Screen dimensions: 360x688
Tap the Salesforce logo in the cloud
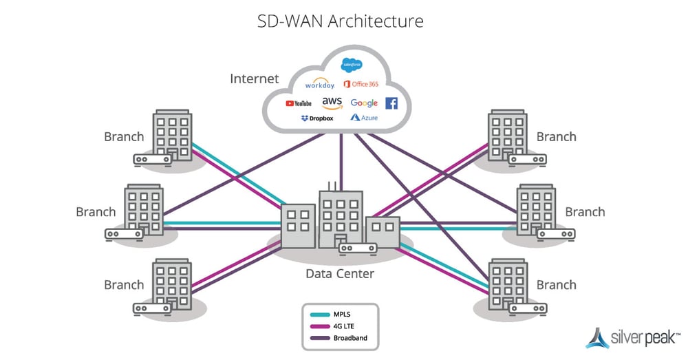(x=352, y=65)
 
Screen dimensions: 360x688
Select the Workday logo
(x=319, y=85)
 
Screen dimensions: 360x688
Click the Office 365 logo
(x=361, y=84)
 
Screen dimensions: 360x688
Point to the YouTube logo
(x=299, y=103)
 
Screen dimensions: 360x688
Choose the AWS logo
(x=332, y=102)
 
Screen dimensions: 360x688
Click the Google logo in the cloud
(x=364, y=103)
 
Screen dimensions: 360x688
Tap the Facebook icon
(x=391, y=103)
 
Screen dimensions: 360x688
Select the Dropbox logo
(x=316, y=118)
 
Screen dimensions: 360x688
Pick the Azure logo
(x=364, y=118)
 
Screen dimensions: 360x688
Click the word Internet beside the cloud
(x=255, y=78)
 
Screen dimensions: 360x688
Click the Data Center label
(x=340, y=274)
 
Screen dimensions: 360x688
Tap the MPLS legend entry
(x=342, y=314)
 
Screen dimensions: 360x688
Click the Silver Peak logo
(x=632, y=337)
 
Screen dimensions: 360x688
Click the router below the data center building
(x=358, y=248)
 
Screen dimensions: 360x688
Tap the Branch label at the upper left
(x=124, y=136)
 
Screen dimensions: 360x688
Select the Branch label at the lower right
(x=556, y=285)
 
